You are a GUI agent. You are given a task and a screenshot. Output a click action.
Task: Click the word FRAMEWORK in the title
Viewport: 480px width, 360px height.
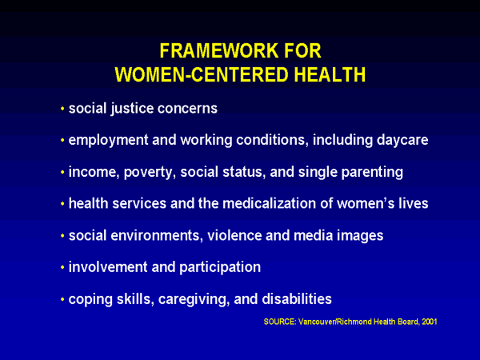[x=219, y=51]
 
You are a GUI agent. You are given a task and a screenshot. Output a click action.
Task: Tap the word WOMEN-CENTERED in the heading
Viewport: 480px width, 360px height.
[x=202, y=74]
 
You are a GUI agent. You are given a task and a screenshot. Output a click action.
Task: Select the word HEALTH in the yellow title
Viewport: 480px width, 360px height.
[x=330, y=74]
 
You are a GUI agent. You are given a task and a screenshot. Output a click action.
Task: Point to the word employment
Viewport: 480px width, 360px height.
[x=108, y=141]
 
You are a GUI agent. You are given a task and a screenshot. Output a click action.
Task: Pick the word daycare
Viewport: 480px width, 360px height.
[x=402, y=141]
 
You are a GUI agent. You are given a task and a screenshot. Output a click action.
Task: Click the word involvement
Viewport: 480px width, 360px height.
[x=108, y=267]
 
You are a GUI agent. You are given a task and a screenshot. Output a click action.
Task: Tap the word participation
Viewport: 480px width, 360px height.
[x=220, y=268]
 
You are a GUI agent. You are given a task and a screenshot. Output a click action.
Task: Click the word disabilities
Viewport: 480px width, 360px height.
[x=297, y=298]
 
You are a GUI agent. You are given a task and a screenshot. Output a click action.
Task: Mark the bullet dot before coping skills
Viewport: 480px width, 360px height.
[x=62, y=299]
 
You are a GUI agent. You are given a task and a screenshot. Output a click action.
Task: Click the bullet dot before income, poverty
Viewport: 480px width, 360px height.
[x=62, y=172]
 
